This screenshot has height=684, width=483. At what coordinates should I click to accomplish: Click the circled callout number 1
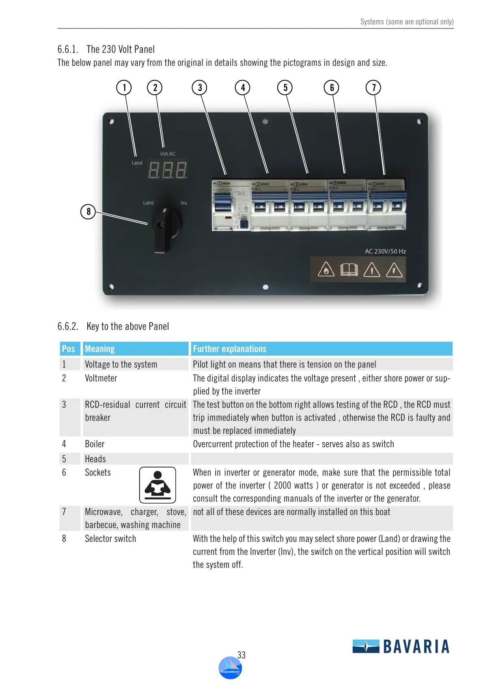pos(124,88)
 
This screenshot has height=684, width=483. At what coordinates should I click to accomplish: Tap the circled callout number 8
pos(88,212)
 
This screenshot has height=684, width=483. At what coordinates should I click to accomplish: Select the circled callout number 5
pos(285,88)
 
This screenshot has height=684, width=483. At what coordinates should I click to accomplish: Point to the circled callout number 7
pos(373,88)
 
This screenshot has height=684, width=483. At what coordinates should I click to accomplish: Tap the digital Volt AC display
pos(168,170)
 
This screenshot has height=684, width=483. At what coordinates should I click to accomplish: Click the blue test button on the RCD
pos(244,224)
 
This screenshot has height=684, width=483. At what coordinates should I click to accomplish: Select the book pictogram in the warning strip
pos(349,270)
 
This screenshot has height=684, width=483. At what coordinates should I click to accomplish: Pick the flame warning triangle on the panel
pos(326,270)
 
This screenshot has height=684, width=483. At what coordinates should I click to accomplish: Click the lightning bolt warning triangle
pos(394,270)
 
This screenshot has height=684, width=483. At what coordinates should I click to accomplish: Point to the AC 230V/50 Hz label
pos(385,251)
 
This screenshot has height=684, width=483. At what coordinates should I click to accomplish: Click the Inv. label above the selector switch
pos(184,203)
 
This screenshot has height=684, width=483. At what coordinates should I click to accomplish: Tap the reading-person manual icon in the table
pos(157,485)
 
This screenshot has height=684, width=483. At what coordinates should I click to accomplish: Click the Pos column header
pos(68,349)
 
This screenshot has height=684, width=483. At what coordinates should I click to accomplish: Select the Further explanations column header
pos(230,349)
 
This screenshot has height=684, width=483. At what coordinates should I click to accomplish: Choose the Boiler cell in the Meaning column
pos(95,444)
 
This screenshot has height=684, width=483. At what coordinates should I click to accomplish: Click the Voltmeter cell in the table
pos(101,378)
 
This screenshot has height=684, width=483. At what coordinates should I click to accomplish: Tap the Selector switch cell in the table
pos(110,539)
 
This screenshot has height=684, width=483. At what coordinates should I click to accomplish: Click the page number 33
pos(241,655)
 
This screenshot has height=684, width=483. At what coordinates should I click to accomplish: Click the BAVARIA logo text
pos(416,646)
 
